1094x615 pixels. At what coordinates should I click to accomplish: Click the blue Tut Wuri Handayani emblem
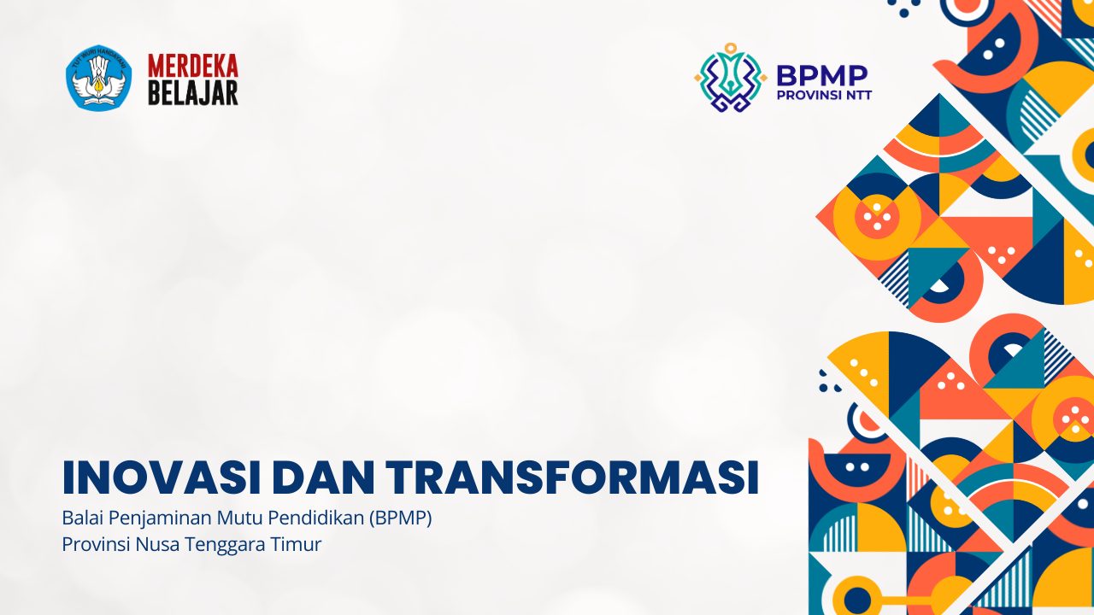pyautogui.click(x=99, y=77)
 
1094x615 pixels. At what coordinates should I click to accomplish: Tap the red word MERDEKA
pyautogui.click(x=193, y=66)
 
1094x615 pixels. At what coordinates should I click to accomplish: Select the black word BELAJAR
pyautogui.click(x=193, y=93)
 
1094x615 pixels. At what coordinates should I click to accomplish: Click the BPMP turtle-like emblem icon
pyautogui.click(x=731, y=78)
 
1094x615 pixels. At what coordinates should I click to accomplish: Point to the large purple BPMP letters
pyautogui.click(x=822, y=76)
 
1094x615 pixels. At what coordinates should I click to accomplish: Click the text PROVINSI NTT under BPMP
pyautogui.click(x=824, y=95)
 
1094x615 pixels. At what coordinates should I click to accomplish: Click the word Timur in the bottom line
pyautogui.click(x=297, y=544)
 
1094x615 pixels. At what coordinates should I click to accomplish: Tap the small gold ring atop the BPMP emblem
pyautogui.click(x=731, y=49)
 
